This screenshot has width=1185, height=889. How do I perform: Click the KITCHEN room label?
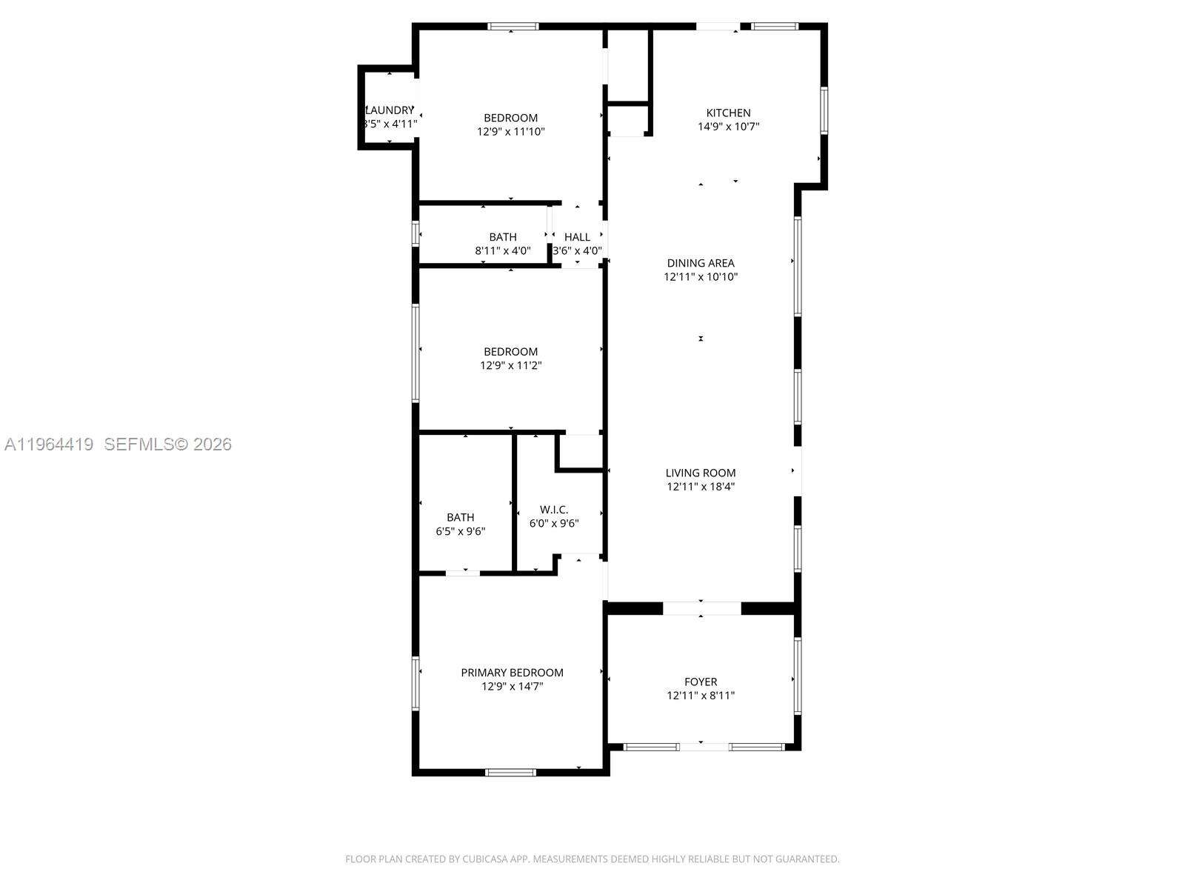coord(728,113)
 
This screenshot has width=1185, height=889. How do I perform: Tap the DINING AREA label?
coord(701,263)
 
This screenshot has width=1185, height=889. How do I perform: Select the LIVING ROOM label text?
coord(701,473)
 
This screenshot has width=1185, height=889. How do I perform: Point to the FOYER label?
coord(701,682)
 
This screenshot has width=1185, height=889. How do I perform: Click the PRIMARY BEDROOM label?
coord(512,673)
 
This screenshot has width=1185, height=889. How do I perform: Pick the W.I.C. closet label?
coord(554,510)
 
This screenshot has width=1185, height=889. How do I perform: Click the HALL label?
coord(577,237)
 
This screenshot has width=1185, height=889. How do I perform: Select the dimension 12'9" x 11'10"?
coord(511,132)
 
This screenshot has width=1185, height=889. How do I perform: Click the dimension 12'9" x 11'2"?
coord(511,365)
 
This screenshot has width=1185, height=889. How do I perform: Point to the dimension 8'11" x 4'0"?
coord(503,251)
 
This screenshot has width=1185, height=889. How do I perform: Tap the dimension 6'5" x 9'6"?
coord(461,531)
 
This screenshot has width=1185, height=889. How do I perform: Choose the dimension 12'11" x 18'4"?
coord(701,487)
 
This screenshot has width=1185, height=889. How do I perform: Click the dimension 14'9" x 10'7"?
coord(728,127)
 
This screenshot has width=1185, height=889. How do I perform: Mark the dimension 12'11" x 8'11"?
coord(701,696)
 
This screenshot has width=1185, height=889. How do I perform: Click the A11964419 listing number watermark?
coord(49,444)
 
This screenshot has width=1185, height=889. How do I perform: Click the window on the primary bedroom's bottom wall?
coord(510,773)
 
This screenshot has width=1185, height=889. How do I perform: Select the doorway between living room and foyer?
coord(701,608)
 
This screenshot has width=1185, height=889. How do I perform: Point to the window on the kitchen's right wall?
coord(824,111)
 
